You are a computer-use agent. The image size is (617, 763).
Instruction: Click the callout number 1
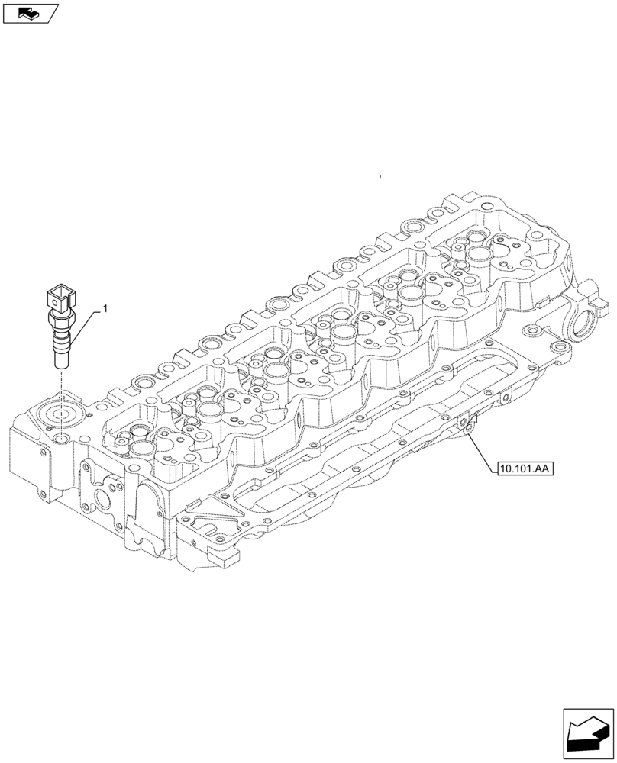(x=105, y=309)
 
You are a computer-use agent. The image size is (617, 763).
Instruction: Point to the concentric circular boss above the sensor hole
(x=60, y=414)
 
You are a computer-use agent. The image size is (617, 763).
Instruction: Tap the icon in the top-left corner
(x=31, y=12)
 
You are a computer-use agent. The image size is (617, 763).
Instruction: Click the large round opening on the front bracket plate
(x=103, y=503)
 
